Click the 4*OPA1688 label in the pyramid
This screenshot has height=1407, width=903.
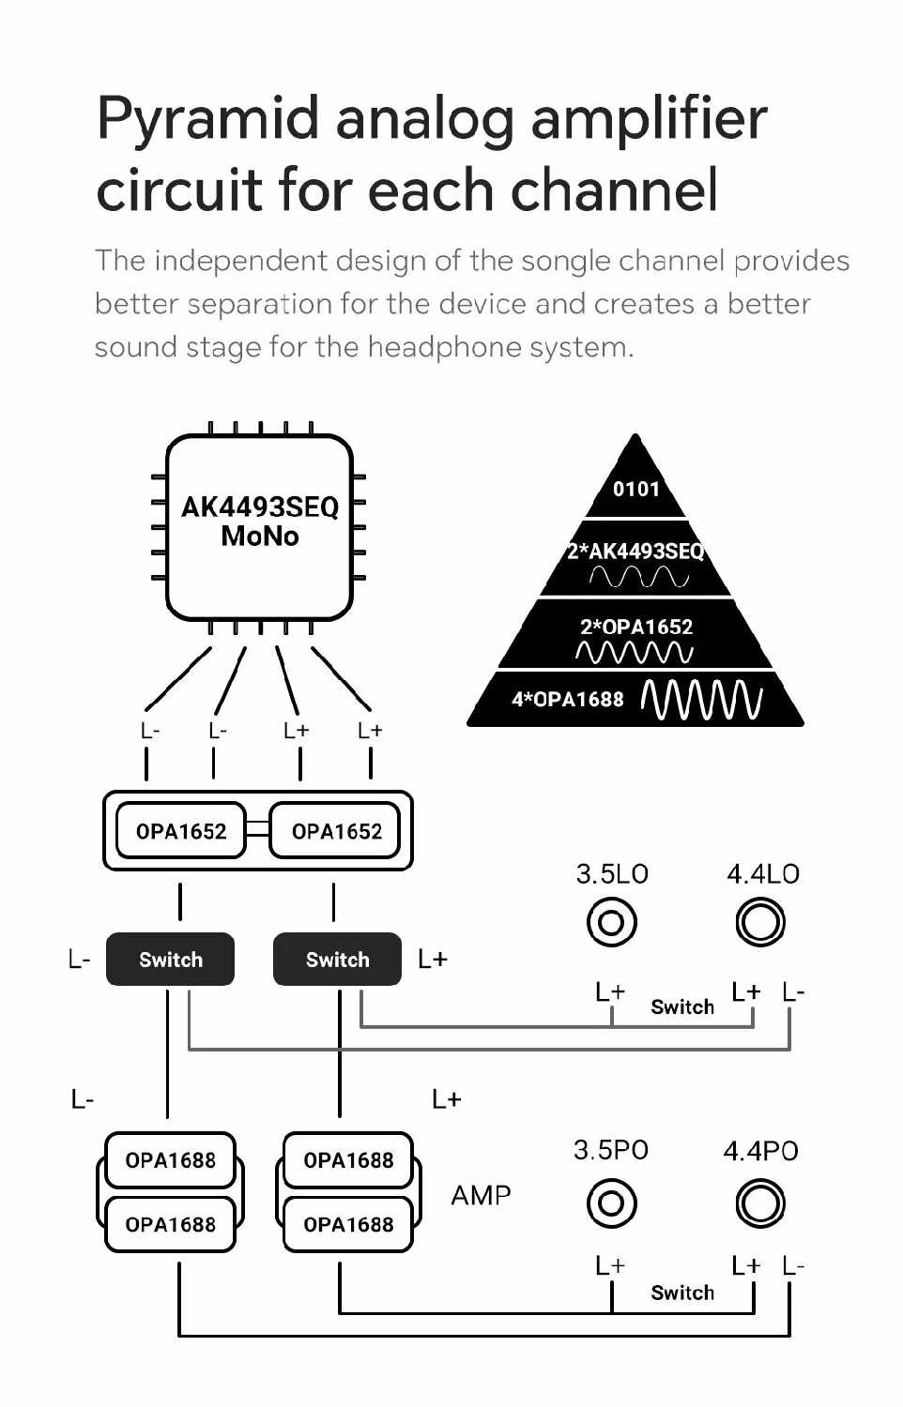tap(567, 700)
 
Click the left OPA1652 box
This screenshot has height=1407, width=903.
tap(180, 831)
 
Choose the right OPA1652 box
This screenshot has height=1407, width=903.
tap(336, 831)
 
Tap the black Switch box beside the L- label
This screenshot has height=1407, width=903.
tap(170, 960)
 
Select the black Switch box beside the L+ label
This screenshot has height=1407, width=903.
tap(337, 960)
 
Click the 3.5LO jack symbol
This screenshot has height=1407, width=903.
tap(611, 923)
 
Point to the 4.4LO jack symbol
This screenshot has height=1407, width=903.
tap(760, 923)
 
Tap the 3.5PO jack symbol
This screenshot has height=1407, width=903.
tap(611, 1203)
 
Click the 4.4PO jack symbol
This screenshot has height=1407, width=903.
tap(760, 1203)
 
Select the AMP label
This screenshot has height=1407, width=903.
tap(481, 1196)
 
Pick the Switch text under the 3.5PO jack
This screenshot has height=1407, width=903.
tap(682, 1293)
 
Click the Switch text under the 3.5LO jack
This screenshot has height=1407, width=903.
tap(682, 1007)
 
